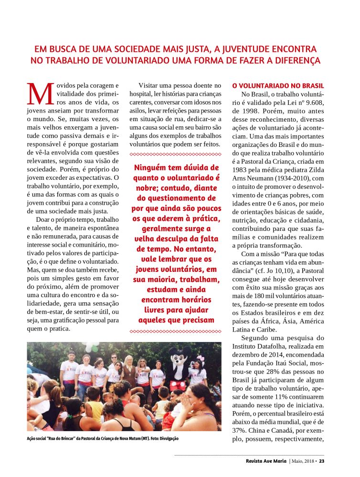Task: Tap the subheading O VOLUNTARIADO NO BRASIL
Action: [278, 86]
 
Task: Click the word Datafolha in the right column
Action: [277, 347]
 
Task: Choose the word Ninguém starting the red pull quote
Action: [151, 167]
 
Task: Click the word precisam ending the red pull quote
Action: [197, 320]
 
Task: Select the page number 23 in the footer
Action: [322, 461]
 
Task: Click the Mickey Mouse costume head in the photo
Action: [180, 357]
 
